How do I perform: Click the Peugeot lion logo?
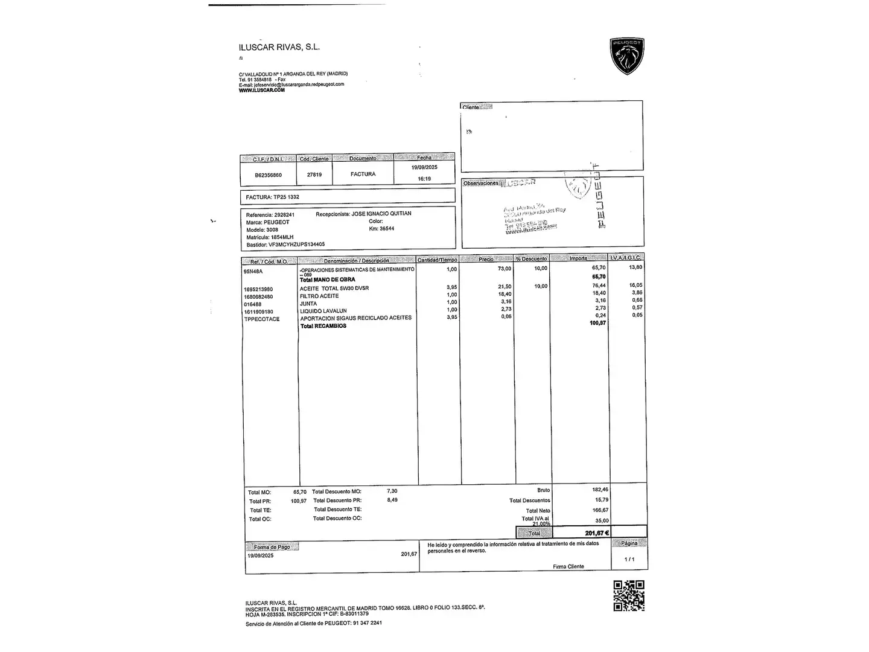pos(627,56)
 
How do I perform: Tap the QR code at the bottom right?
pos(628,595)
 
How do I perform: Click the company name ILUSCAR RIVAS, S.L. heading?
pos(279,47)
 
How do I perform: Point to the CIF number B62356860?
pos(268,175)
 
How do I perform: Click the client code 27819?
pos(314,174)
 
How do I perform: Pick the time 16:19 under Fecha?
pos(424,179)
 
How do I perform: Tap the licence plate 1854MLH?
pos(282,237)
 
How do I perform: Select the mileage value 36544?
pos(386,229)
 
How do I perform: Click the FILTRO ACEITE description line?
pos(319,296)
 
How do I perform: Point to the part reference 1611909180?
pos(258,312)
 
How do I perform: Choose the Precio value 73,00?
pos(504,269)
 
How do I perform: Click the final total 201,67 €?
pos(596,532)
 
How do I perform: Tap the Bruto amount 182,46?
pos(600,490)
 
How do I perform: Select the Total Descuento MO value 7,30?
pos(392,491)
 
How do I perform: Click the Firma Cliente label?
pos(568,566)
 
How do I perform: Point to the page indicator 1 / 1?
pos(629,559)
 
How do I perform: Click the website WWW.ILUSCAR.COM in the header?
pos(261,91)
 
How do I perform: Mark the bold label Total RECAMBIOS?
pos(323,326)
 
